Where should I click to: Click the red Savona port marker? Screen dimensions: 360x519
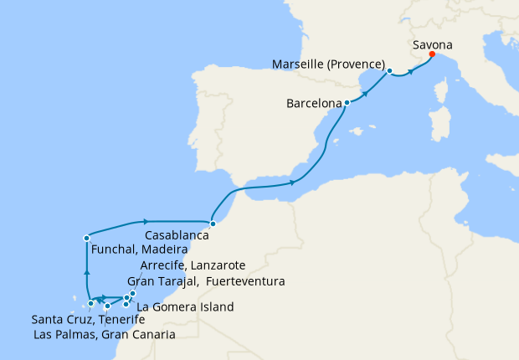(x=431, y=54)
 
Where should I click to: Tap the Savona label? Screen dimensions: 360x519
(x=434, y=43)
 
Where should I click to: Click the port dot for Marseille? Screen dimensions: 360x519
(x=390, y=71)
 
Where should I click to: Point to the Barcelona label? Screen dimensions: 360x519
(x=314, y=105)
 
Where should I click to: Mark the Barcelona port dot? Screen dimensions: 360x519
(x=347, y=103)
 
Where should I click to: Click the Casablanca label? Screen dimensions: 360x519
(x=177, y=236)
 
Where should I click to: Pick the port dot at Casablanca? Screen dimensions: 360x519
(x=213, y=224)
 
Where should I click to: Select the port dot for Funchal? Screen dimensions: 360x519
(x=86, y=238)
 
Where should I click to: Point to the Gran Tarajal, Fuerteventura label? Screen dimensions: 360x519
(x=205, y=280)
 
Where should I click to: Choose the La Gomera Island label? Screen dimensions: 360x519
(x=184, y=307)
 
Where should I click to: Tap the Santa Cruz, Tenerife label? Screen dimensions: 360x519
(x=82, y=320)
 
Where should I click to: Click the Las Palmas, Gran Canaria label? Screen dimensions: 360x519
(x=105, y=335)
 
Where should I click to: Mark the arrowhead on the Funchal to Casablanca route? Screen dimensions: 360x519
(x=145, y=222)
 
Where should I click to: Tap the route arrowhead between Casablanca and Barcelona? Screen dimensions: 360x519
(x=292, y=182)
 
